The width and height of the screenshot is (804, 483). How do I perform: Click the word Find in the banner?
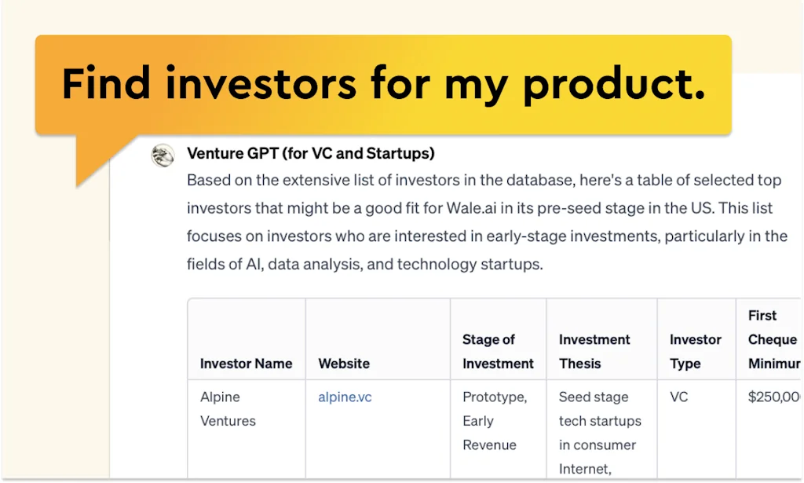pyautogui.click(x=106, y=82)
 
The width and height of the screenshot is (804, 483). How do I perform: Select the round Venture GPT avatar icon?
pyautogui.click(x=163, y=156)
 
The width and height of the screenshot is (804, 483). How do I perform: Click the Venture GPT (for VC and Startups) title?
pyautogui.click(x=311, y=153)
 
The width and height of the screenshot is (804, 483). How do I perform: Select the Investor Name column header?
pyautogui.click(x=246, y=364)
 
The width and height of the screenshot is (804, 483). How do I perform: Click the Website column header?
pyautogui.click(x=344, y=364)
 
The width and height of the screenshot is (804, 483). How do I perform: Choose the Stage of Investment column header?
pyautogui.click(x=498, y=352)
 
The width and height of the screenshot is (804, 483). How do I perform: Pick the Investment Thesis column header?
pyautogui.click(x=594, y=352)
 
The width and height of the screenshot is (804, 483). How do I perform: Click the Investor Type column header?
pyautogui.click(x=695, y=352)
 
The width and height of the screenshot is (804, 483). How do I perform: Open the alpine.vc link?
pyautogui.click(x=345, y=397)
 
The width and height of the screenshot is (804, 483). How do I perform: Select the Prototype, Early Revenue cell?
pyautogui.click(x=494, y=421)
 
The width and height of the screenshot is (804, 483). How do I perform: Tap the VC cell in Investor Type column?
pyautogui.click(x=678, y=397)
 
